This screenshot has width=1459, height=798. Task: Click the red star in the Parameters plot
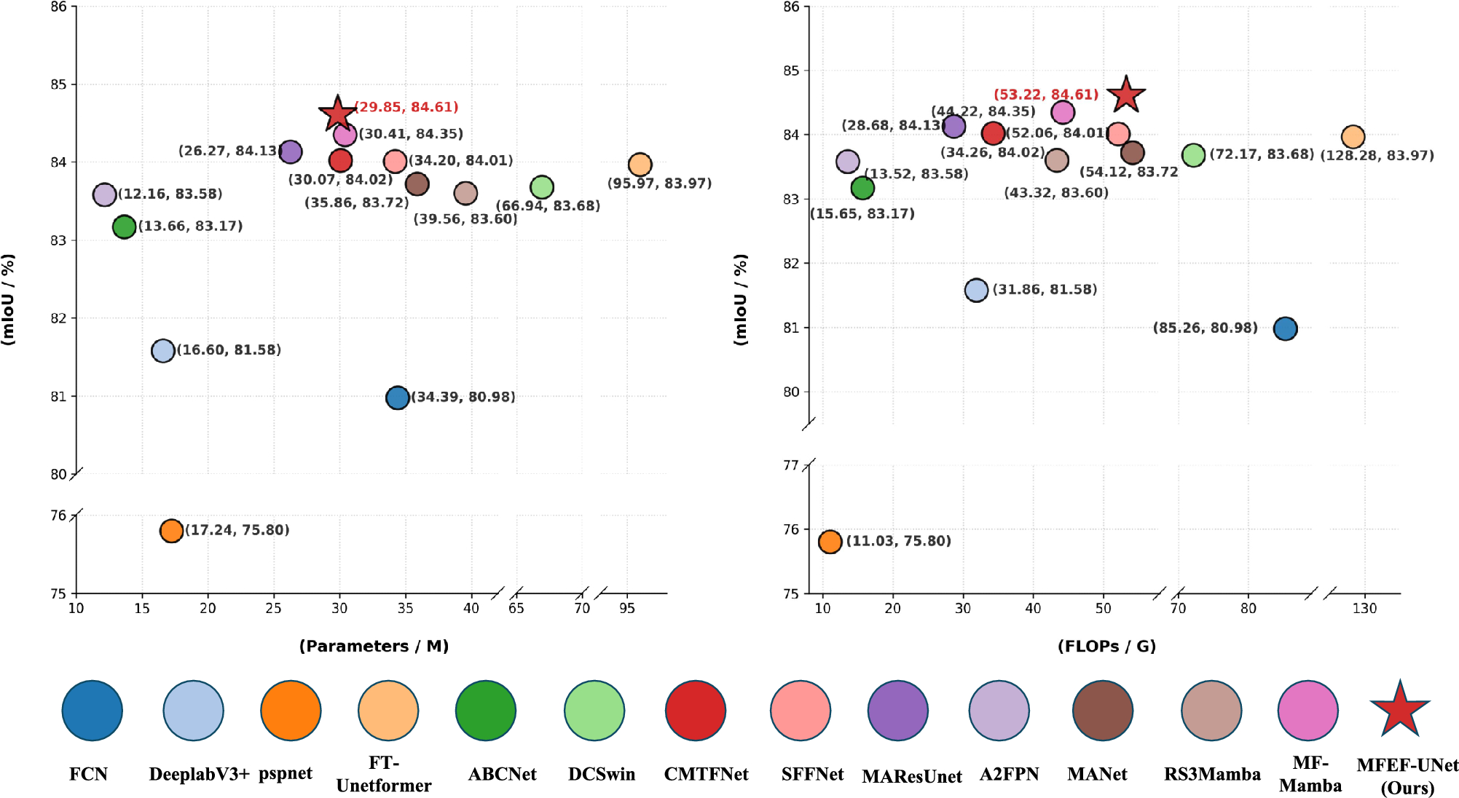click(337, 114)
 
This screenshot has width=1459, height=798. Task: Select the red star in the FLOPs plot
click(1125, 95)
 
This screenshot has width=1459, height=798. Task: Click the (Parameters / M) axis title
click(374, 646)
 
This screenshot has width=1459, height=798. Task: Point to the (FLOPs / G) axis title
click(1106, 646)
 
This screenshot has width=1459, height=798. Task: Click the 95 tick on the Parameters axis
click(627, 608)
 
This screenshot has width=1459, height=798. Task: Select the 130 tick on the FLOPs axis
click(1364, 608)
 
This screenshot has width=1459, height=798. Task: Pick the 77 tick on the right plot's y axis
click(790, 465)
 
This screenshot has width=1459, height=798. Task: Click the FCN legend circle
click(92, 711)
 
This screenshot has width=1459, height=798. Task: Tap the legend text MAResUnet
click(911, 776)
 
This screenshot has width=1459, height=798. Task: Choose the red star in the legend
click(1400, 710)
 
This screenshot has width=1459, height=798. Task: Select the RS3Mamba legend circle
click(1211, 711)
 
